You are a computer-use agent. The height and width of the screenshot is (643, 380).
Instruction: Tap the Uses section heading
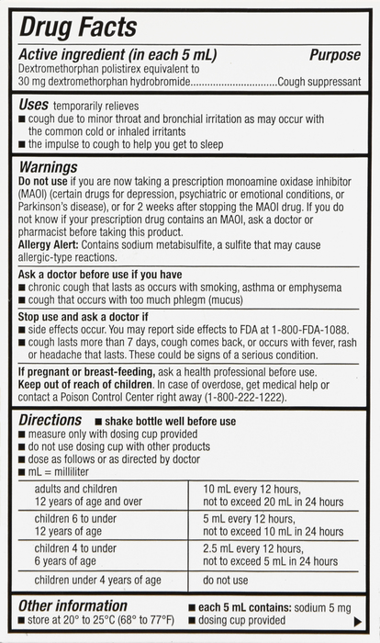34,106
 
